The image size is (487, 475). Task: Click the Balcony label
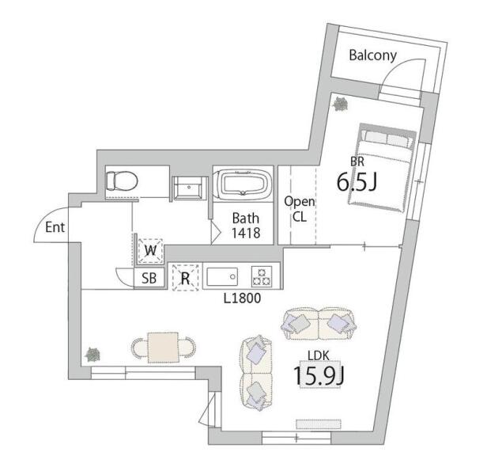pos(372,55)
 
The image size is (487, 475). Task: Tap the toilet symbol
pos(122,181)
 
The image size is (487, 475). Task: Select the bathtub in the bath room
pos(243,182)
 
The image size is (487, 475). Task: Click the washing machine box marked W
pos(151,250)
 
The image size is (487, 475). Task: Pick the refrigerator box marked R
pos(186,278)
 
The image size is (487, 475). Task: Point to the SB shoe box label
pos(149,278)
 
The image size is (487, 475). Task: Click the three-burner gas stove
pos(262,276)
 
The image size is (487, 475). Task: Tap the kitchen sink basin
pos(222,276)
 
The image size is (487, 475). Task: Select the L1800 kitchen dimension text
pos(243,298)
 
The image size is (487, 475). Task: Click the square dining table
pos(164,348)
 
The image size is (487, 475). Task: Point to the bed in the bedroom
pos(383,168)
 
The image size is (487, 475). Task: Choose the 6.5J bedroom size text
pos(357,182)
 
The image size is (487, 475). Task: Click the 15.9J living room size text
pos(319,376)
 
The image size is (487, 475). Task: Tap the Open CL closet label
pos(300,209)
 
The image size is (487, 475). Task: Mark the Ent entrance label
pos(55,227)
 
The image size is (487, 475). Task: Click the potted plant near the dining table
pos(92,355)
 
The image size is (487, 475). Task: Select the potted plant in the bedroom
pos(341,104)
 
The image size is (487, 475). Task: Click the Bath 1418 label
pos(246,226)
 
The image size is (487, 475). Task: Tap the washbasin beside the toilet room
pos(188,188)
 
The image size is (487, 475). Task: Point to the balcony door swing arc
pos(395,66)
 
